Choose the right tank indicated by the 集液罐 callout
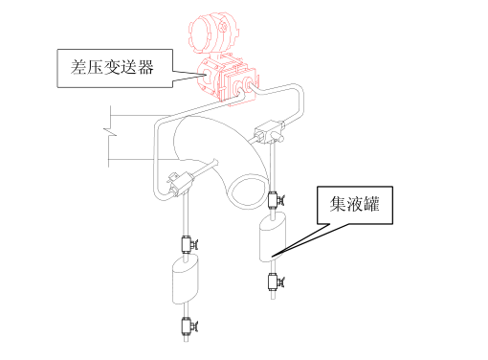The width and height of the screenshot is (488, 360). pyautogui.click(x=276, y=238)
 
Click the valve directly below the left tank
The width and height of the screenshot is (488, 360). pyautogui.click(x=186, y=326)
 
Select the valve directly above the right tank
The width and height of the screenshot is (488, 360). pyautogui.click(x=275, y=201)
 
